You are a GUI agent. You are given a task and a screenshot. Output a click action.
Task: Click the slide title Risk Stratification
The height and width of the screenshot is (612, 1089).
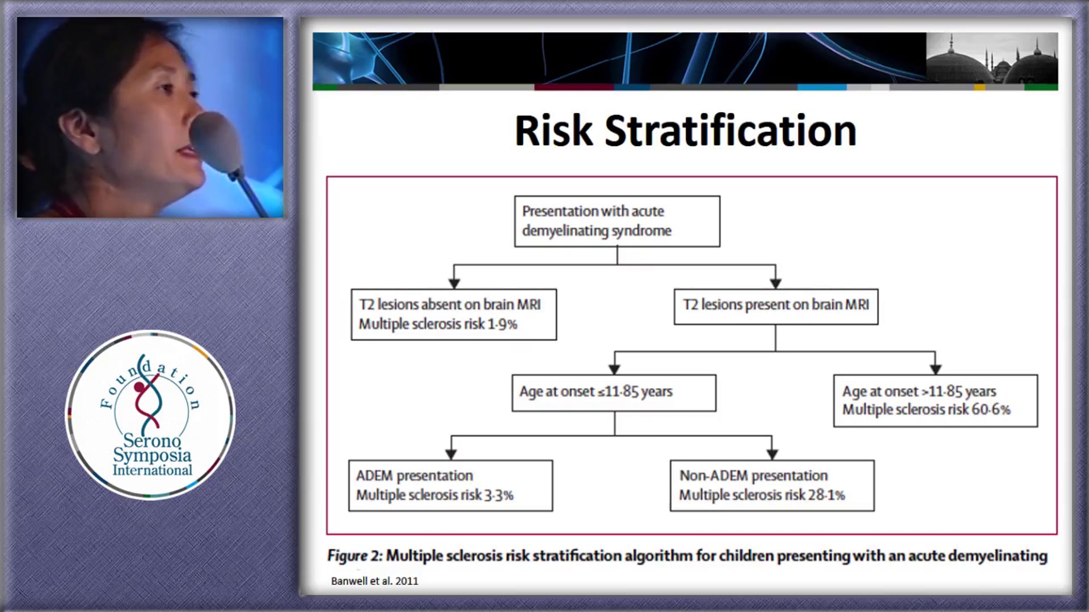tap(685, 131)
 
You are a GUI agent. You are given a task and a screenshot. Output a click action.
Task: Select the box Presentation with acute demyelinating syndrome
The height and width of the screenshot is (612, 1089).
tap(617, 222)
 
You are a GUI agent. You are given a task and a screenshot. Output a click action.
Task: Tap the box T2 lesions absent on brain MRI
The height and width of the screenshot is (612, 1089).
tap(454, 314)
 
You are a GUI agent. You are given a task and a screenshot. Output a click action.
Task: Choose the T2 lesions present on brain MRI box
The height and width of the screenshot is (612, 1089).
tap(776, 307)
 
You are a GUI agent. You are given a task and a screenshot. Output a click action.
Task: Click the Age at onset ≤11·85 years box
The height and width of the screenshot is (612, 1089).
tap(614, 393)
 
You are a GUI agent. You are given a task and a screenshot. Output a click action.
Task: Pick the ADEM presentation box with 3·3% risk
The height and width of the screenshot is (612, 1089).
tap(450, 486)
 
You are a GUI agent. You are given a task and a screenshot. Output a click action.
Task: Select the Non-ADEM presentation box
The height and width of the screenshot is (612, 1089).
tap(772, 486)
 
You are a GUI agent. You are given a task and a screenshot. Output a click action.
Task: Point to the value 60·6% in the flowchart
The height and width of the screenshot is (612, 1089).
tap(991, 409)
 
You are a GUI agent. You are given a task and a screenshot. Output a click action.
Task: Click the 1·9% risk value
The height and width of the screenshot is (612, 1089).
tap(503, 324)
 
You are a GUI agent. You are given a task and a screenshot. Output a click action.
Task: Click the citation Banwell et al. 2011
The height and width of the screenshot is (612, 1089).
tap(374, 581)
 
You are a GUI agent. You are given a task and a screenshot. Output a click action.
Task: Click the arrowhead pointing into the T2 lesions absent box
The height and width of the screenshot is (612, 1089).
tap(454, 283)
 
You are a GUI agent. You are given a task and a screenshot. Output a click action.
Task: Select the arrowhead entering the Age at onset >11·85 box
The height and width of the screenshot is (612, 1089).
tap(935, 369)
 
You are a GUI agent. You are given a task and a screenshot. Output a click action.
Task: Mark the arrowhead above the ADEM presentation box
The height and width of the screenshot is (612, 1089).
tap(451, 454)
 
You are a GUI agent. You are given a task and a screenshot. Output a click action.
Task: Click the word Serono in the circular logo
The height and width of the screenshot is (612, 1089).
tap(152, 440)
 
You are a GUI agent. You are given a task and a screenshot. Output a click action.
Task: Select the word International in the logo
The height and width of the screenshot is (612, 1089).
tap(152, 470)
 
